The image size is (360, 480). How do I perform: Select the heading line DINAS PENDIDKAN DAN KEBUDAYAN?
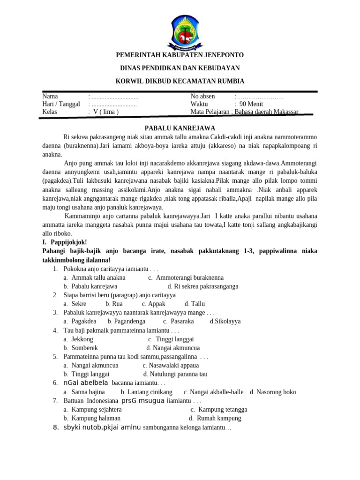[x=180, y=68]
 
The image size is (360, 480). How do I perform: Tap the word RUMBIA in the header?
[x=229, y=81]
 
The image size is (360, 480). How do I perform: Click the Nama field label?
[x=50, y=96]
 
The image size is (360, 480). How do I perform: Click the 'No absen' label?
[x=202, y=96]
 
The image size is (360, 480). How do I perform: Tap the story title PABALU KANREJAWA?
[x=180, y=127]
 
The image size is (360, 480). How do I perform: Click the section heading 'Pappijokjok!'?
[x=66, y=242]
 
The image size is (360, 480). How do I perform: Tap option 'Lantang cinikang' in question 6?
[x=147, y=392]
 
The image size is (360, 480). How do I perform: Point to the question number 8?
[x=55, y=427]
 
